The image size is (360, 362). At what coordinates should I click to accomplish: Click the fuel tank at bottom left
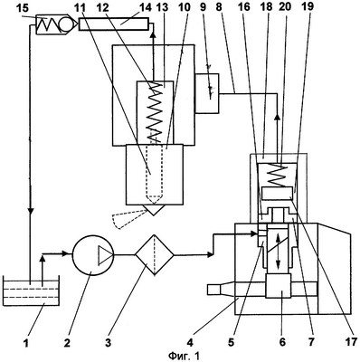pos(31,291)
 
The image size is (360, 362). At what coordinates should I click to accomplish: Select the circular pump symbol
pos(92,255)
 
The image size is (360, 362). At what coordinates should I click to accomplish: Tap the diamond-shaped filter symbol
pos(154,255)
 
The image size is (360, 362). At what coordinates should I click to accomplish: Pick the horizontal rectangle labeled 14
pos(114,24)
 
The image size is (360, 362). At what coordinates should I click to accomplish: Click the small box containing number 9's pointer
pos(207,93)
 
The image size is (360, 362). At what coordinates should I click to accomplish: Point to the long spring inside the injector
pos(156,111)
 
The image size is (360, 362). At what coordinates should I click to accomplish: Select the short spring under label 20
pos(277,175)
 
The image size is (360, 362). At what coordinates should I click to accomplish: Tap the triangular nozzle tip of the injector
pos(154,210)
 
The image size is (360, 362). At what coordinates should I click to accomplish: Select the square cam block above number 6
pos(278,286)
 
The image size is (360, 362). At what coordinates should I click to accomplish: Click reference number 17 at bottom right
pos(350,342)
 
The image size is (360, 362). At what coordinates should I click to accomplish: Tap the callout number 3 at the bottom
pos(108,342)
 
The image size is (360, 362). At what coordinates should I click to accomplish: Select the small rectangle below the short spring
pos(278,193)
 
